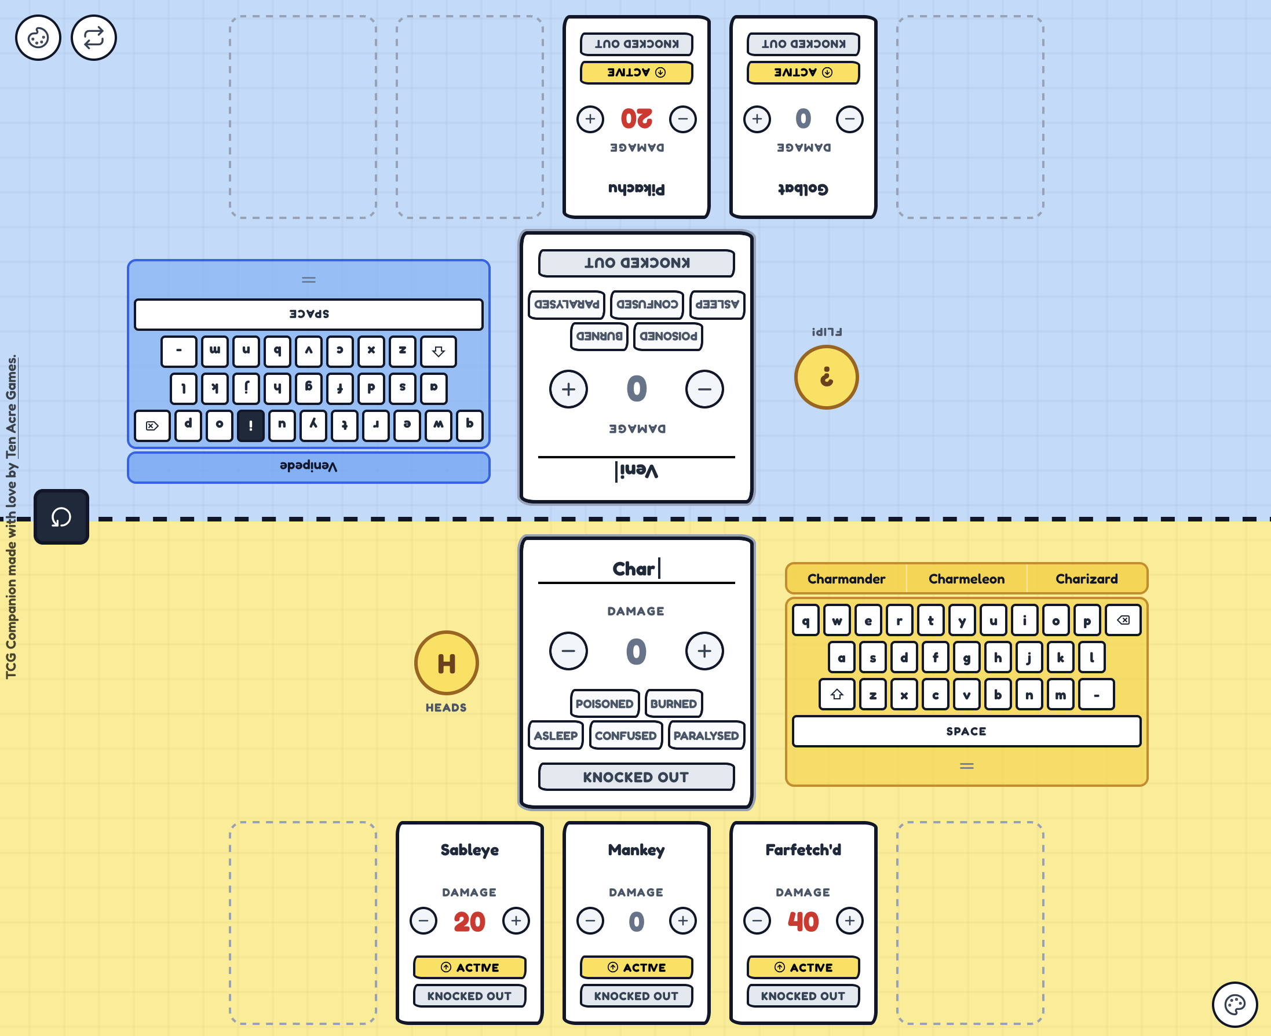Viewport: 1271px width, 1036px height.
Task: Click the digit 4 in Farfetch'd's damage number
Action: point(795,922)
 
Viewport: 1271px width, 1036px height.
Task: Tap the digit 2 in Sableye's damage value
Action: point(461,922)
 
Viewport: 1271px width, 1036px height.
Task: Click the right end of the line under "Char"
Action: point(735,582)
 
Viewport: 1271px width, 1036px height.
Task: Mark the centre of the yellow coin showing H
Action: point(446,663)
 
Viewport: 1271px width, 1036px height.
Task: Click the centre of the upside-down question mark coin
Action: point(827,377)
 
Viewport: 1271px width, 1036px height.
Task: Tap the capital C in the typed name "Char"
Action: point(619,569)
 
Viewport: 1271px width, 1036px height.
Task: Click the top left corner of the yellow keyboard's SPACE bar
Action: point(793,717)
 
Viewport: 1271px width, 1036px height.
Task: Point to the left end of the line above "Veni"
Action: point(539,457)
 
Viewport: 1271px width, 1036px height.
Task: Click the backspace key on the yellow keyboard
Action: point(1123,620)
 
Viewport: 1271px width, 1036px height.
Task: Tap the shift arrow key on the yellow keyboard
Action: point(837,694)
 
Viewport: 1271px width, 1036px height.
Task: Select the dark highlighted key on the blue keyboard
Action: point(251,425)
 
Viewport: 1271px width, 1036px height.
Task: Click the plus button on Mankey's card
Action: point(682,921)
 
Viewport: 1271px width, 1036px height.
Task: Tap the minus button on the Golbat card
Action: point(850,119)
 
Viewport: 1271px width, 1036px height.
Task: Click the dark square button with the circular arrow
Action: point(61,517)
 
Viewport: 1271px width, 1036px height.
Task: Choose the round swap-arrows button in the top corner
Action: point(94,38)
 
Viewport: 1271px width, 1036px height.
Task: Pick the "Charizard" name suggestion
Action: point(1087,579)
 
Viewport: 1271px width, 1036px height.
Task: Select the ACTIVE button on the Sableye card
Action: point(470,968)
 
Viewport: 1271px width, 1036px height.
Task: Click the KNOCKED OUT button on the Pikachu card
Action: point(637,43)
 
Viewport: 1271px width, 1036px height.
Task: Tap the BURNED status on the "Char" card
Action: point(674,703)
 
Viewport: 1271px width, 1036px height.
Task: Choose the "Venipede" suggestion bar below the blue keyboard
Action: point(309,466)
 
